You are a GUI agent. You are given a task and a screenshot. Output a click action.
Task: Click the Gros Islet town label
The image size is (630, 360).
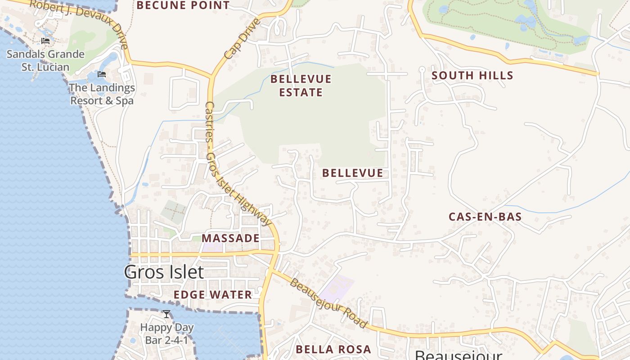[x=164, y=272]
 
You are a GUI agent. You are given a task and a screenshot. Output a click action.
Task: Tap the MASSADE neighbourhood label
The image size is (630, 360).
[x=230, y=238]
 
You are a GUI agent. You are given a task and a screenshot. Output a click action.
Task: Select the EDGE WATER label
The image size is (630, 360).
[x=213, y=295]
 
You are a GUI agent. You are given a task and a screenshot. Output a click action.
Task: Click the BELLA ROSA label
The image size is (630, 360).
[x=333, y=349]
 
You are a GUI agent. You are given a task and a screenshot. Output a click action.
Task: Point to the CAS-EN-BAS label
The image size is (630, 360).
[x=485, y=217]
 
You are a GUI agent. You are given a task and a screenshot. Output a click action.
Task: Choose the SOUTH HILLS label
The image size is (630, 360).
[x=472, y=76]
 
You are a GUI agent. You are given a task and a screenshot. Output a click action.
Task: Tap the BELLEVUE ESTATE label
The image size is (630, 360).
[x=301, y=85]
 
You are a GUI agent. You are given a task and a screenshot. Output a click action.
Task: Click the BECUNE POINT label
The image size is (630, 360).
[x=183, y=5]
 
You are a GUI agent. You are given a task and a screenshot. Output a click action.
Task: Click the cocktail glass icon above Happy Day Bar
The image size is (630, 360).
[x=166, y=314]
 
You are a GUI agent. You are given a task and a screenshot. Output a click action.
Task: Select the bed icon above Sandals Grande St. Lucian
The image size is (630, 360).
[x=45, y=41]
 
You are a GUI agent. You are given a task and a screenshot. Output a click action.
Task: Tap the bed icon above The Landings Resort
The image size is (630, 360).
[x=102, y=74]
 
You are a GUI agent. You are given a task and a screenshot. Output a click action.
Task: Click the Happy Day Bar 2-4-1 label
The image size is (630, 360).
[x=166, y=333]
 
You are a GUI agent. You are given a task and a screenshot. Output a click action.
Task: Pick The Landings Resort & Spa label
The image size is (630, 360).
[x=102, y=94]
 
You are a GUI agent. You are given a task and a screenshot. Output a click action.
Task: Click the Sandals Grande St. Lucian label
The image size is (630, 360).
[x=45, y=61]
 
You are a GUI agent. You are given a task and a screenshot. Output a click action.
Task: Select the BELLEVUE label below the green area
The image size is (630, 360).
[x=353, y=173]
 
